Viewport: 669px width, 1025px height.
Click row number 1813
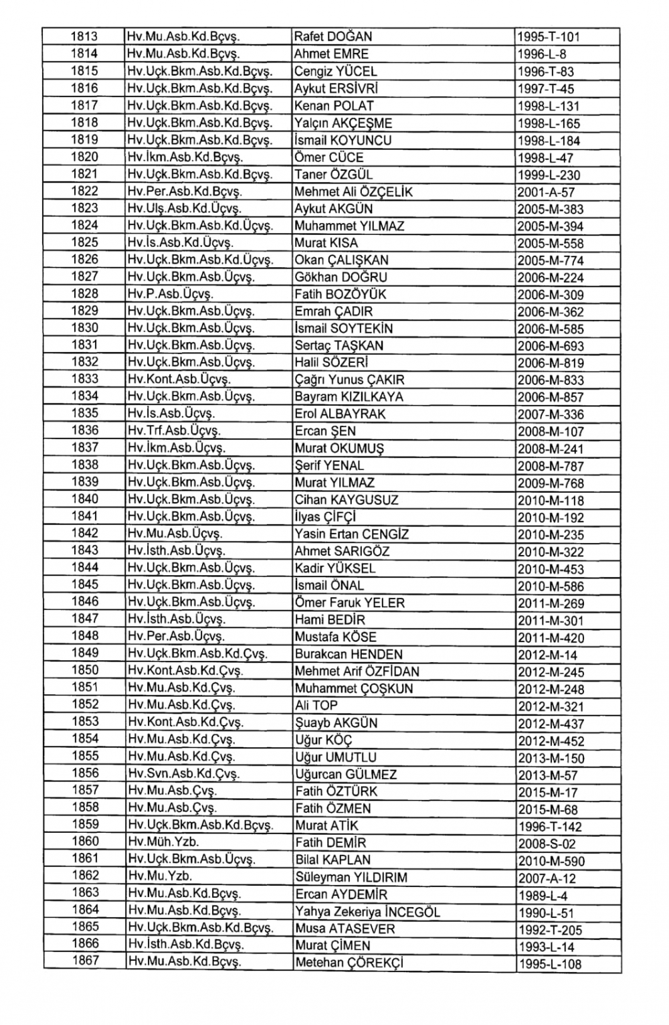pos(84,36)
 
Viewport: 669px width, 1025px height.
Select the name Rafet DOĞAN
pos(333,37)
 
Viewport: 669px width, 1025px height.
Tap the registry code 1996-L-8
pos(542,54)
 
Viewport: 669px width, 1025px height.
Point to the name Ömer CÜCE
pos(329,157)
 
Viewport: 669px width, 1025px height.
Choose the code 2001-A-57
pos(546,192)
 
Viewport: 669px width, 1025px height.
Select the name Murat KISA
pos(326,243)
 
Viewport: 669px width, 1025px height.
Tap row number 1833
pos(84,379)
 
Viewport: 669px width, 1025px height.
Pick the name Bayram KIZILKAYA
pos(349,397)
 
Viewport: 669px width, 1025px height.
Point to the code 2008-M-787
pos(551,466)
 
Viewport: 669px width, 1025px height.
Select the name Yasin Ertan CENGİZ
pos(352,534)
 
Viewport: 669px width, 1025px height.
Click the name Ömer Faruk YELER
pos(350,603)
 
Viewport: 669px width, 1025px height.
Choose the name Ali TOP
pos(316,705)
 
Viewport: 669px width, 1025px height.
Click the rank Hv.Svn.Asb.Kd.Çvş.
pos(184,774)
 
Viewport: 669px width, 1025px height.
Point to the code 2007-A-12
pos(547,878)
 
